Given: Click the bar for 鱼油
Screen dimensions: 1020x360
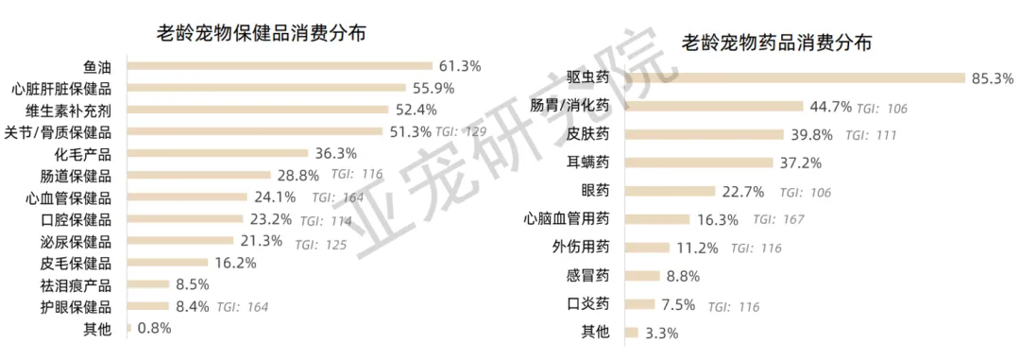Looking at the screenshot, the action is pos(280,66).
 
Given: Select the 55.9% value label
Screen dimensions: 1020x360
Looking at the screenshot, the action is pos(433,88).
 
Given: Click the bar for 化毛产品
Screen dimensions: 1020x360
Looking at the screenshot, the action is pos(217,154).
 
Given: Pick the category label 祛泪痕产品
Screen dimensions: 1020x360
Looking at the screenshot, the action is pos(76,285).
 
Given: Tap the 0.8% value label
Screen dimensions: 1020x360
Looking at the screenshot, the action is pos(154,329).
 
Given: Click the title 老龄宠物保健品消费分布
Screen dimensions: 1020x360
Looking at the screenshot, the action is pos(261,33).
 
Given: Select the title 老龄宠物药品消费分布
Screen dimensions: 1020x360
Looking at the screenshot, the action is pos(776,43).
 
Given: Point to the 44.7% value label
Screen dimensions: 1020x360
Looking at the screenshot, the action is pos(831,107).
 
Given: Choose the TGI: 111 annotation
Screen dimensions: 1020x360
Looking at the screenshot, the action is pos(871,135).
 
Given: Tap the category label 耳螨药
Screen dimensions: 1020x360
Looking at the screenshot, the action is pos(588,163).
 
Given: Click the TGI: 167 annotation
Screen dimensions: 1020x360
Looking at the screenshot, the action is pos(778,219).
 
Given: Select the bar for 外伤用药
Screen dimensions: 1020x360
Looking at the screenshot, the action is pos(647,248).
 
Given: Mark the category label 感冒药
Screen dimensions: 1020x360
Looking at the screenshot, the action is pos(588,276).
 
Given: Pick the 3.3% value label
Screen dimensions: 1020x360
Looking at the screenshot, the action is pos(661,334).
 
